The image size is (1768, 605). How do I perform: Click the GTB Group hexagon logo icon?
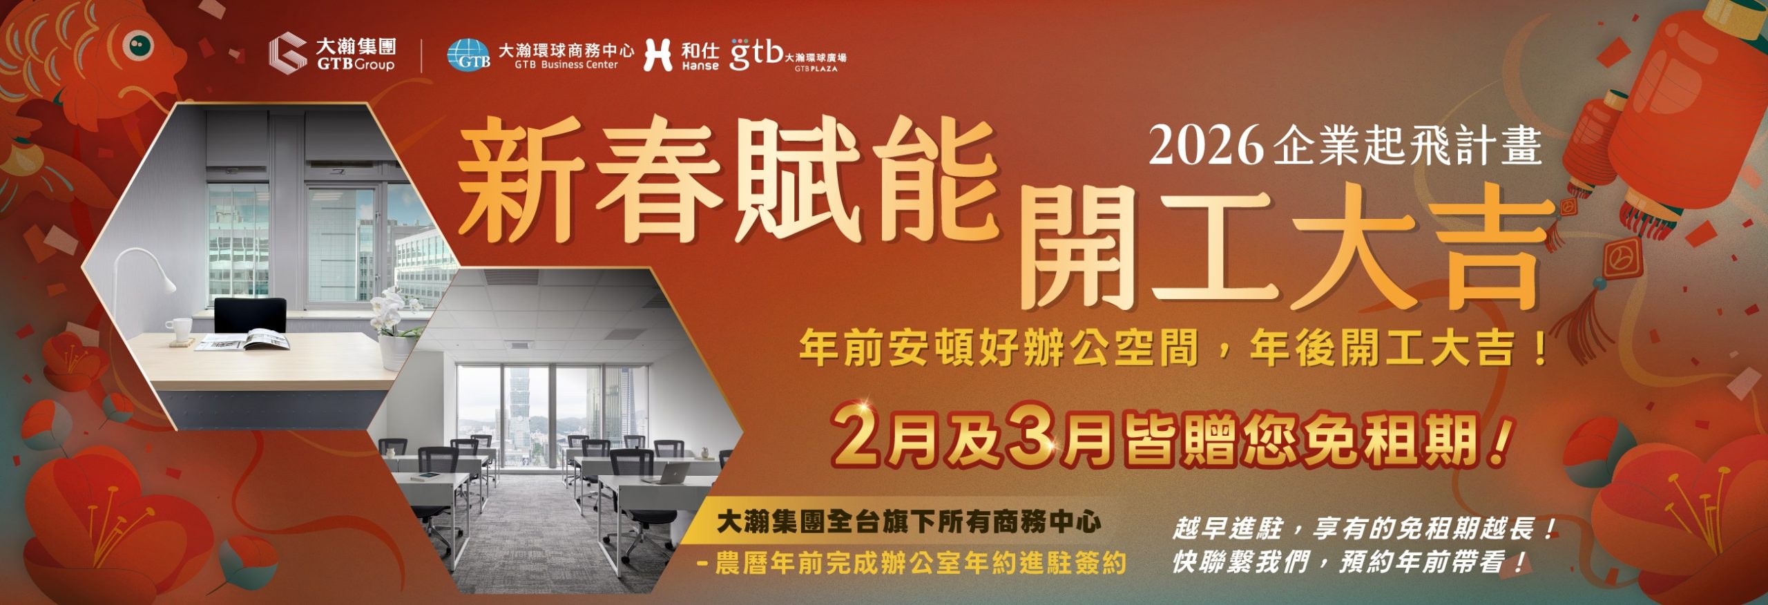tap(288, 52)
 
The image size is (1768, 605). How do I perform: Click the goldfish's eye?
tap(140, 45)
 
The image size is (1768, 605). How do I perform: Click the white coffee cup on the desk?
tap(182, 329)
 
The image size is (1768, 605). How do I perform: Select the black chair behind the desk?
tap(249, 316)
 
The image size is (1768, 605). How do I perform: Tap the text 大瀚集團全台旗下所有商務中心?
tap(908, 522)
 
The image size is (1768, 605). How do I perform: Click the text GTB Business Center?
tap(566, 65)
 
